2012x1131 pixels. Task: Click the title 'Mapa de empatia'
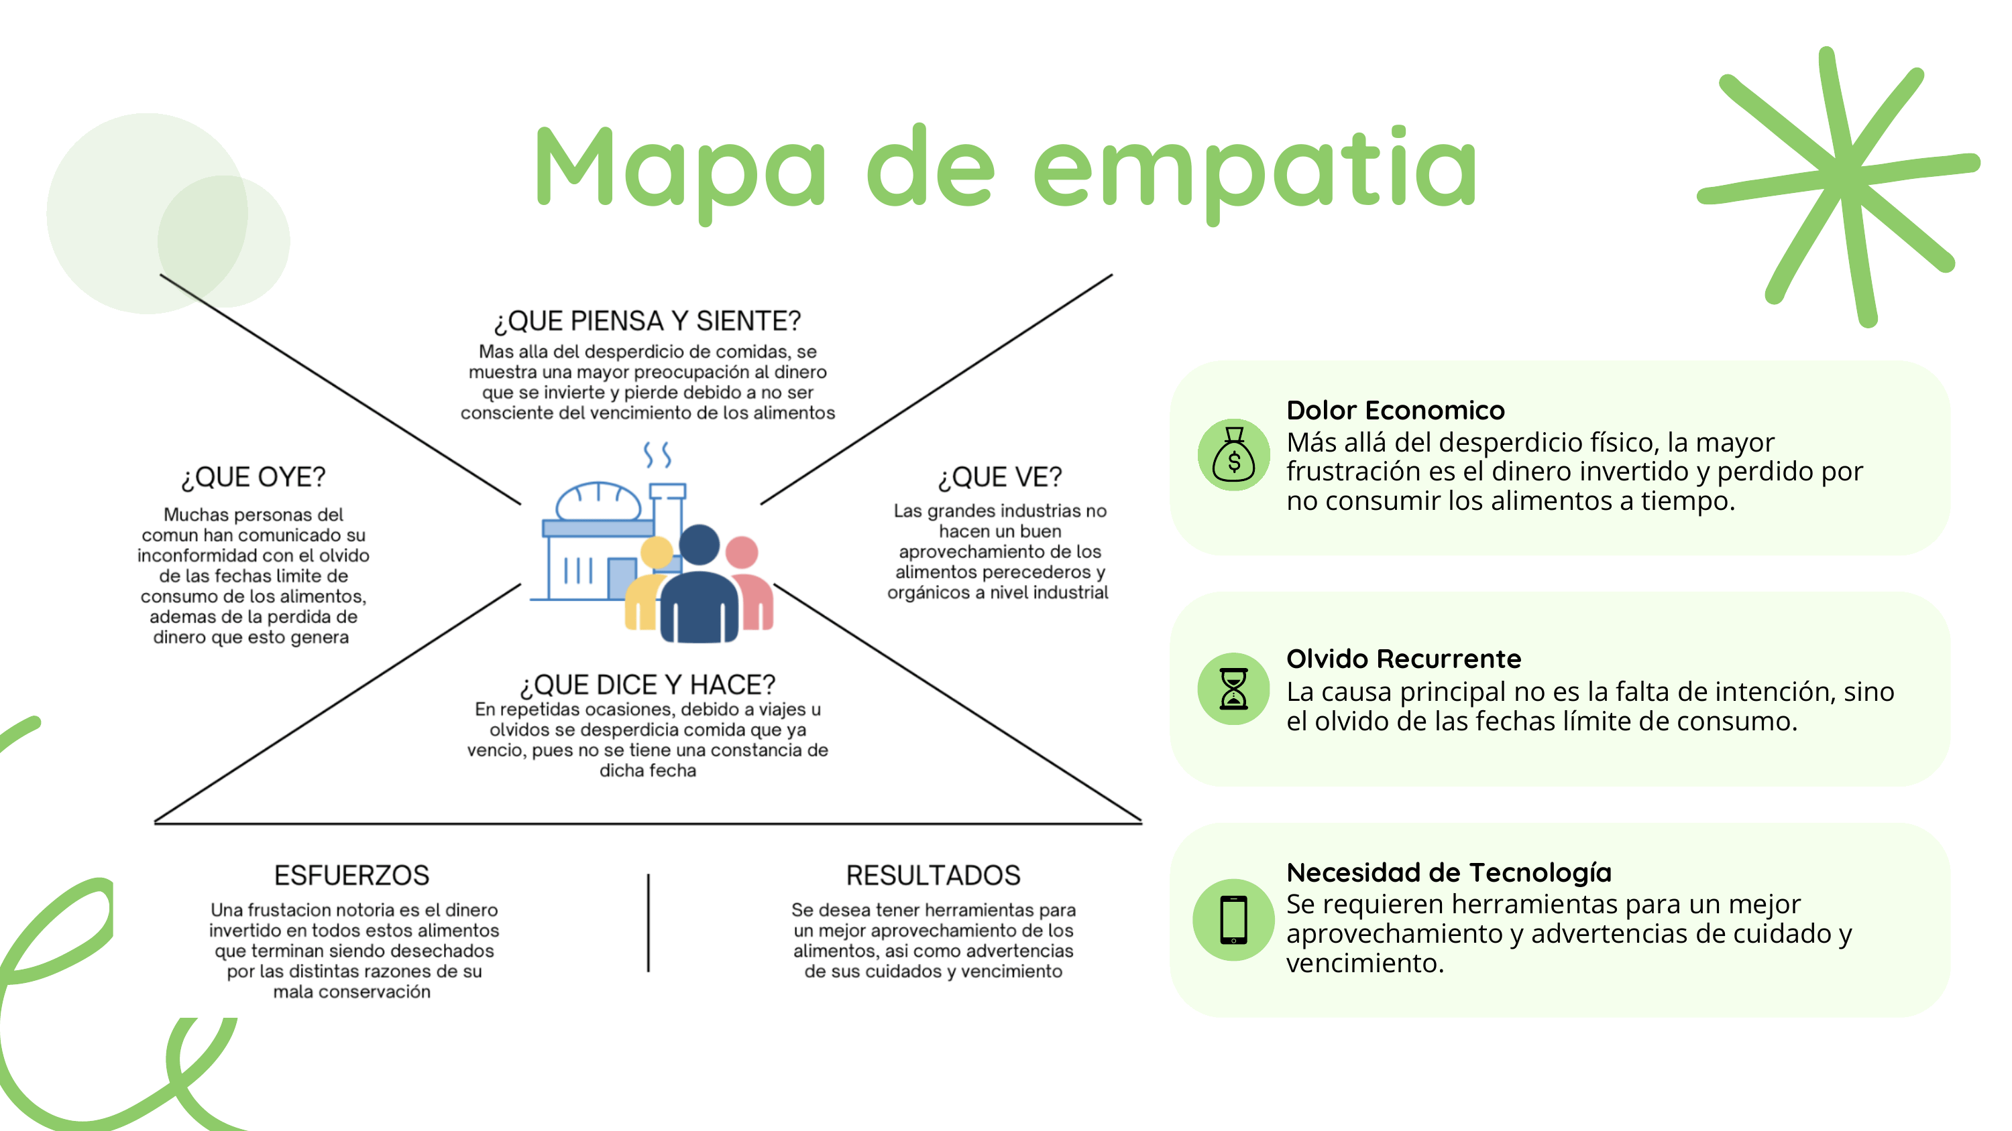coord(1005,168)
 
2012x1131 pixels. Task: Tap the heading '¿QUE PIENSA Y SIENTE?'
coord(647,321)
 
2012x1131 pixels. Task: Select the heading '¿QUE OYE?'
coord(253,477)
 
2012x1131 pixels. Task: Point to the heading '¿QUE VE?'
coord(1000,477)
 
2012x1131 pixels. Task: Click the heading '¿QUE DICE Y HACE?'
coord(647,685)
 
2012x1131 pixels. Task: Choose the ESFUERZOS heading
coord(351,875)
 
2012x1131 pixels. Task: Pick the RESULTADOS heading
coord(933,875)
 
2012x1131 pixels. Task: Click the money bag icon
coord(1233,455)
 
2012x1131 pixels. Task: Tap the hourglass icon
coord(1233,688)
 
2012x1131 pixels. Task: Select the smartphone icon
coord(1233,919)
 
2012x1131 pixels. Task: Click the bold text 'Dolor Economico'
coord(1395,410)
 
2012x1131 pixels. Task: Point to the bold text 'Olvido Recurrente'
coord(1404,659)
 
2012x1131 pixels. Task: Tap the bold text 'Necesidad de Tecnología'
coord(1449,872)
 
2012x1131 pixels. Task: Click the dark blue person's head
coord(699,544)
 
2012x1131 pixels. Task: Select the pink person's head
coord(741,552)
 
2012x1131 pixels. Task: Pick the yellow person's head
coord(657,553)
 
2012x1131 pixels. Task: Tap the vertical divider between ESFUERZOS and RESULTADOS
coord(649,923)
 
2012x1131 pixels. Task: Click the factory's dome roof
coord(598,501)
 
